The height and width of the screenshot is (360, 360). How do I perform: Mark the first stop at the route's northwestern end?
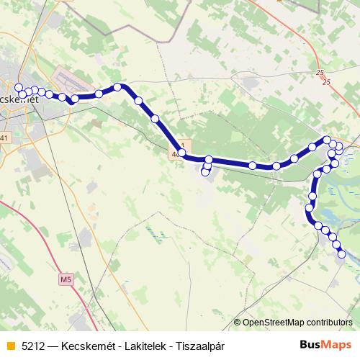pyautogui.click(x=19, y=88)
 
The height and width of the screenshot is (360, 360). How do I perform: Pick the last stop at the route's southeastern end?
pyautogui.click(x=342, y=253)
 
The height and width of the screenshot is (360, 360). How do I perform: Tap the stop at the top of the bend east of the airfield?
pyautogui.click(x=117, y=87)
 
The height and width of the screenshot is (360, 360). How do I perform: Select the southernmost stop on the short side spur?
pyautogui.click(x=205, y=172)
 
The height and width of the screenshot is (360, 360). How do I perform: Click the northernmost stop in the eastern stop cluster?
pyautogui.click(x=327, y=140)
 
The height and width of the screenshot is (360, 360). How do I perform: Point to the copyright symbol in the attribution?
pyautogui.click(x=238, y=322)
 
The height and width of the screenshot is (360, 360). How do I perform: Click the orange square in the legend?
pyautogui.click(x=9, y=346)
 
